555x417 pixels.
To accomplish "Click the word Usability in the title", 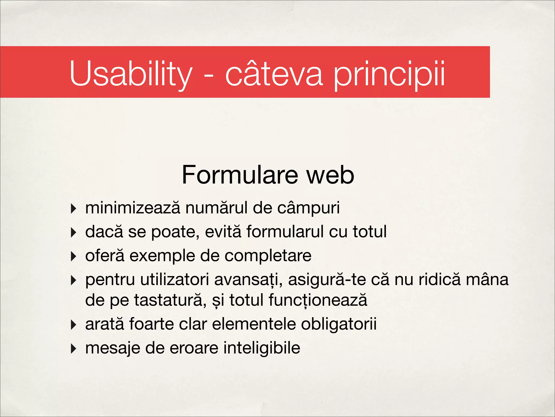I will click(x=131, y=73).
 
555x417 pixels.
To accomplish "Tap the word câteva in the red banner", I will click(x=274, y=73).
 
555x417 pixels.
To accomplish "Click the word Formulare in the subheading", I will click(x=240, y=175).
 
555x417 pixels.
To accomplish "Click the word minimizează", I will click(x=133, y=208).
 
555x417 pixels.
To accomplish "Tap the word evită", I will click(x=223, y=232).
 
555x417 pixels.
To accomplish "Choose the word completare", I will click(x=268, y=256).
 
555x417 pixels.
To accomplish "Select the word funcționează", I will click(x=318, y=300).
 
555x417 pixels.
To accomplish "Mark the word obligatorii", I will click(x=338, y=324).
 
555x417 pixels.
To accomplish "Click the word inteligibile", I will click(x=262, y=348).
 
